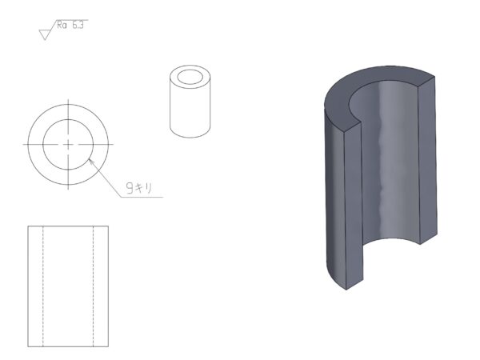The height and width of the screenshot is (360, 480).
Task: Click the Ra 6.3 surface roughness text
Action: click(70, 25)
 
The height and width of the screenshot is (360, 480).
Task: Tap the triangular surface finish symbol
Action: click(45, 34)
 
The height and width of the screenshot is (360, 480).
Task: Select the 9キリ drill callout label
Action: click(139, 188)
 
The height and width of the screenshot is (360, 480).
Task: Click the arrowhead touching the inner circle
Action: click(91, 161)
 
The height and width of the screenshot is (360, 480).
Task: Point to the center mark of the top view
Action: click(68, 145)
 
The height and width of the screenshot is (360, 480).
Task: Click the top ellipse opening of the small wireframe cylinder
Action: click(190, 77)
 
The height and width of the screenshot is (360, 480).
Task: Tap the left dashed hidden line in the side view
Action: click(43, 286)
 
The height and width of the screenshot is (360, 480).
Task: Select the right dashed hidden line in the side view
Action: click(93, 286)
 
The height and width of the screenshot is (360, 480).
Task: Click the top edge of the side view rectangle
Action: click(68, 226)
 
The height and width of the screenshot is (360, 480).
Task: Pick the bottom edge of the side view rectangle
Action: click(68, 346)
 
